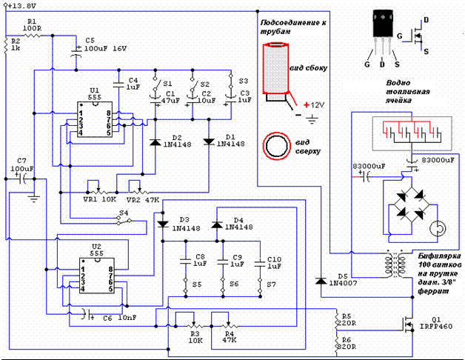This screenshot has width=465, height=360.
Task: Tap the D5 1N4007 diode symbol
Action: point(320,281)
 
